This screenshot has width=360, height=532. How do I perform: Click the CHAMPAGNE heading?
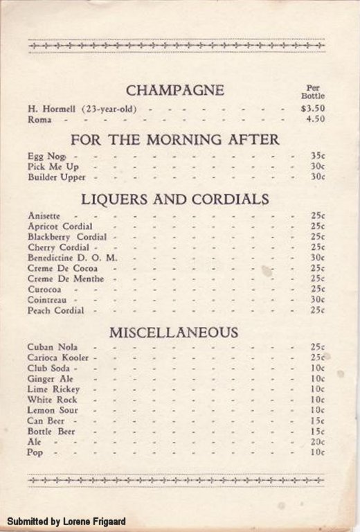pos(175,90)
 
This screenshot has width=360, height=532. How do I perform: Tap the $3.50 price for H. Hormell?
pos(313,109)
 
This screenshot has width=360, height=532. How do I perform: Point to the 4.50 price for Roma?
pos(316,119)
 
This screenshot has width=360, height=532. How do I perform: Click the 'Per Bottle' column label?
pos(313,92)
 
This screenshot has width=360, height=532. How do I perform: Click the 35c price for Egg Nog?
pos(318,156)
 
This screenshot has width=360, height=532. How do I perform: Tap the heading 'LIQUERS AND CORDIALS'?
pos(175,199)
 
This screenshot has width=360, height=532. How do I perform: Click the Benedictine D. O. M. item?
pos(73,258)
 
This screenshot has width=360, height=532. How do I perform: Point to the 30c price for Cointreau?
pos(318,299)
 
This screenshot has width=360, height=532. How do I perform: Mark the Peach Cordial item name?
pos(56,310)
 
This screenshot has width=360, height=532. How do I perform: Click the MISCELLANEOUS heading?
pos(174,332)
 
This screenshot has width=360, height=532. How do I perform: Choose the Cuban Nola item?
pos(53,347)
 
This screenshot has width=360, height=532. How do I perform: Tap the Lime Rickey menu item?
pos(53,389)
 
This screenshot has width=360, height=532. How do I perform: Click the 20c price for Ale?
pos(318,441)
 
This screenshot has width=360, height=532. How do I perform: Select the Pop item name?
pos(35,452)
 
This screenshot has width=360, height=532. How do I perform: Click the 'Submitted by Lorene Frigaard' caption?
pos(66,521)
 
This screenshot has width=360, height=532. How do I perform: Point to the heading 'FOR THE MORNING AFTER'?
pos(174,139)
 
